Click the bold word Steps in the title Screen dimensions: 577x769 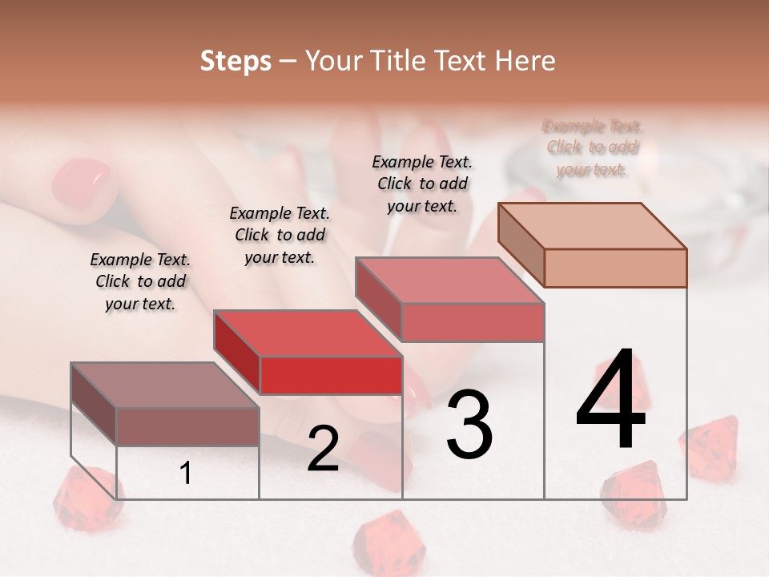pyautogui.click(x=236, y=61)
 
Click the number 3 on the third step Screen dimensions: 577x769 pyautogui.click(x=469, y=424)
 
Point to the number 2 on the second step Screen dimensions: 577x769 pyautogui.click(x=323, y=449)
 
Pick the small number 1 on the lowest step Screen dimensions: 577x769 pyautogui.click(x=186, y=474)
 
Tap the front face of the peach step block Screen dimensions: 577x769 pyautogui.click(x=615, y=268)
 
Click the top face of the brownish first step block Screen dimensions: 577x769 pyautogui.click(x=164, y=385)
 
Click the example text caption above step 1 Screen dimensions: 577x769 pyautogui.click(x=140, y=281)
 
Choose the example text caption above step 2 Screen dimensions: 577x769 pyautogui.click(x=280, y=235)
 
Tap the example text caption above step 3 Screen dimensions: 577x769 pyautogui.click(x=422, y=184)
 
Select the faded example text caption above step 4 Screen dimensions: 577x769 pyautogui.click(x=593, y=147)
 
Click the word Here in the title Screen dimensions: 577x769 pyautogui.click(x=525, y=61)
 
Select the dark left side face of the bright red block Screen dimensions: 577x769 pyautogui.click(x=237, y=353)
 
